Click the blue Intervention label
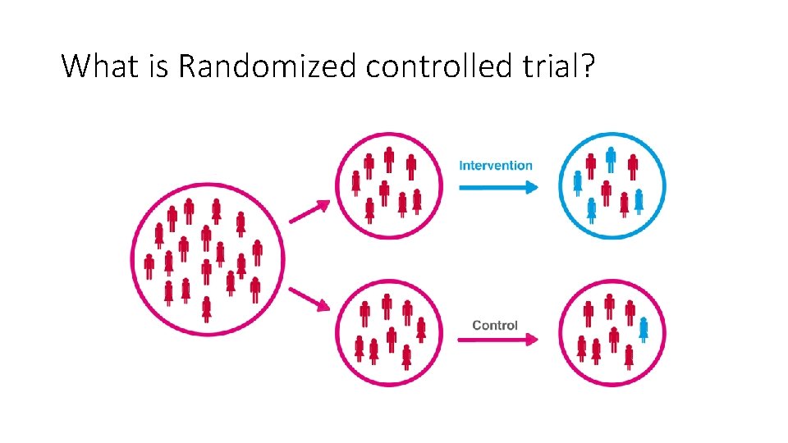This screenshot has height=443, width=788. point(496,165)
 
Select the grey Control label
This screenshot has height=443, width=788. point(495,325)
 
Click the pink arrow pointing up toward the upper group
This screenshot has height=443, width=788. point(309,212)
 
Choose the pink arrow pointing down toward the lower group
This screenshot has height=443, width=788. point(309,299)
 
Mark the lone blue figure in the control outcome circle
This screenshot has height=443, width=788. point(644,329)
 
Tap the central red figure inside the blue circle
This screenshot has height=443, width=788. point(606,193)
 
